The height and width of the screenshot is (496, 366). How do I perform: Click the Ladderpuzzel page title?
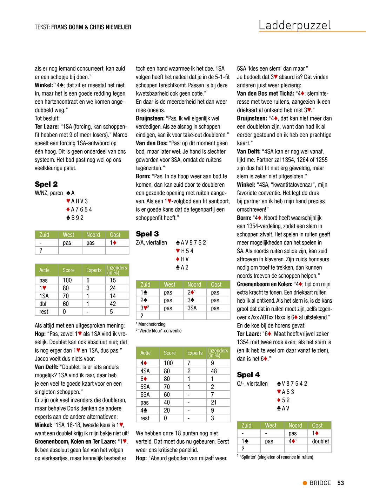pyautogui.click(x=295, y=25)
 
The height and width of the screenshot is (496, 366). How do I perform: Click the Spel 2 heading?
pyautogui.click(x=46, y=184)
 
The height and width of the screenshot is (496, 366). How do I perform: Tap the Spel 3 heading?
pyautogui.click(x=147, y=234)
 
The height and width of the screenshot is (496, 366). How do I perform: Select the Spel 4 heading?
pyautogui.click(x=248, y=375)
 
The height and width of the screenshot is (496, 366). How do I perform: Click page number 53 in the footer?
pyautogui.click(x=340, y=483)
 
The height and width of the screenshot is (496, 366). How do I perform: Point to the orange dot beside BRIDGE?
pyautogui.click(x=305, y=483)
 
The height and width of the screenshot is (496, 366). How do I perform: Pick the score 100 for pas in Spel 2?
pyautogui.click(x=67, y=280)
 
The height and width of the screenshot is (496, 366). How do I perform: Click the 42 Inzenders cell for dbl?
pyautogui.click(x=113, y=304)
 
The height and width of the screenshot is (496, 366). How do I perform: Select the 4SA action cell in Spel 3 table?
pyautogui.click(x=145, y=371)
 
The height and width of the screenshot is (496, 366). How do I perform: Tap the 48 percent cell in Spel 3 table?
pyautogui.click(x=214, y=371)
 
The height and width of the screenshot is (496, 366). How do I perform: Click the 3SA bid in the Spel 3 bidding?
pyautogui.click(x=192, y=308)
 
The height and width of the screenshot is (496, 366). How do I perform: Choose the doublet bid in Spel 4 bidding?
pyautogui.click(x=320, y=441)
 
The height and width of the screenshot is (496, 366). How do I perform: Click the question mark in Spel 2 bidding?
pyautogui.click(x=41, y=250)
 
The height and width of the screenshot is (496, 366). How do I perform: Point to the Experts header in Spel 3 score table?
pyautogui.click(x=195, y=353)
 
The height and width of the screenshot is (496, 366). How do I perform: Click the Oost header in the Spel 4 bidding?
pyautogui.click(x=317, y=426)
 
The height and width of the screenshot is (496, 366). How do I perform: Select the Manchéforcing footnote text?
pyautogui.click(x=152, y=324)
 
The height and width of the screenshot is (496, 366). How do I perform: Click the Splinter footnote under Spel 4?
pyautogui.click(x=277, y=457)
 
